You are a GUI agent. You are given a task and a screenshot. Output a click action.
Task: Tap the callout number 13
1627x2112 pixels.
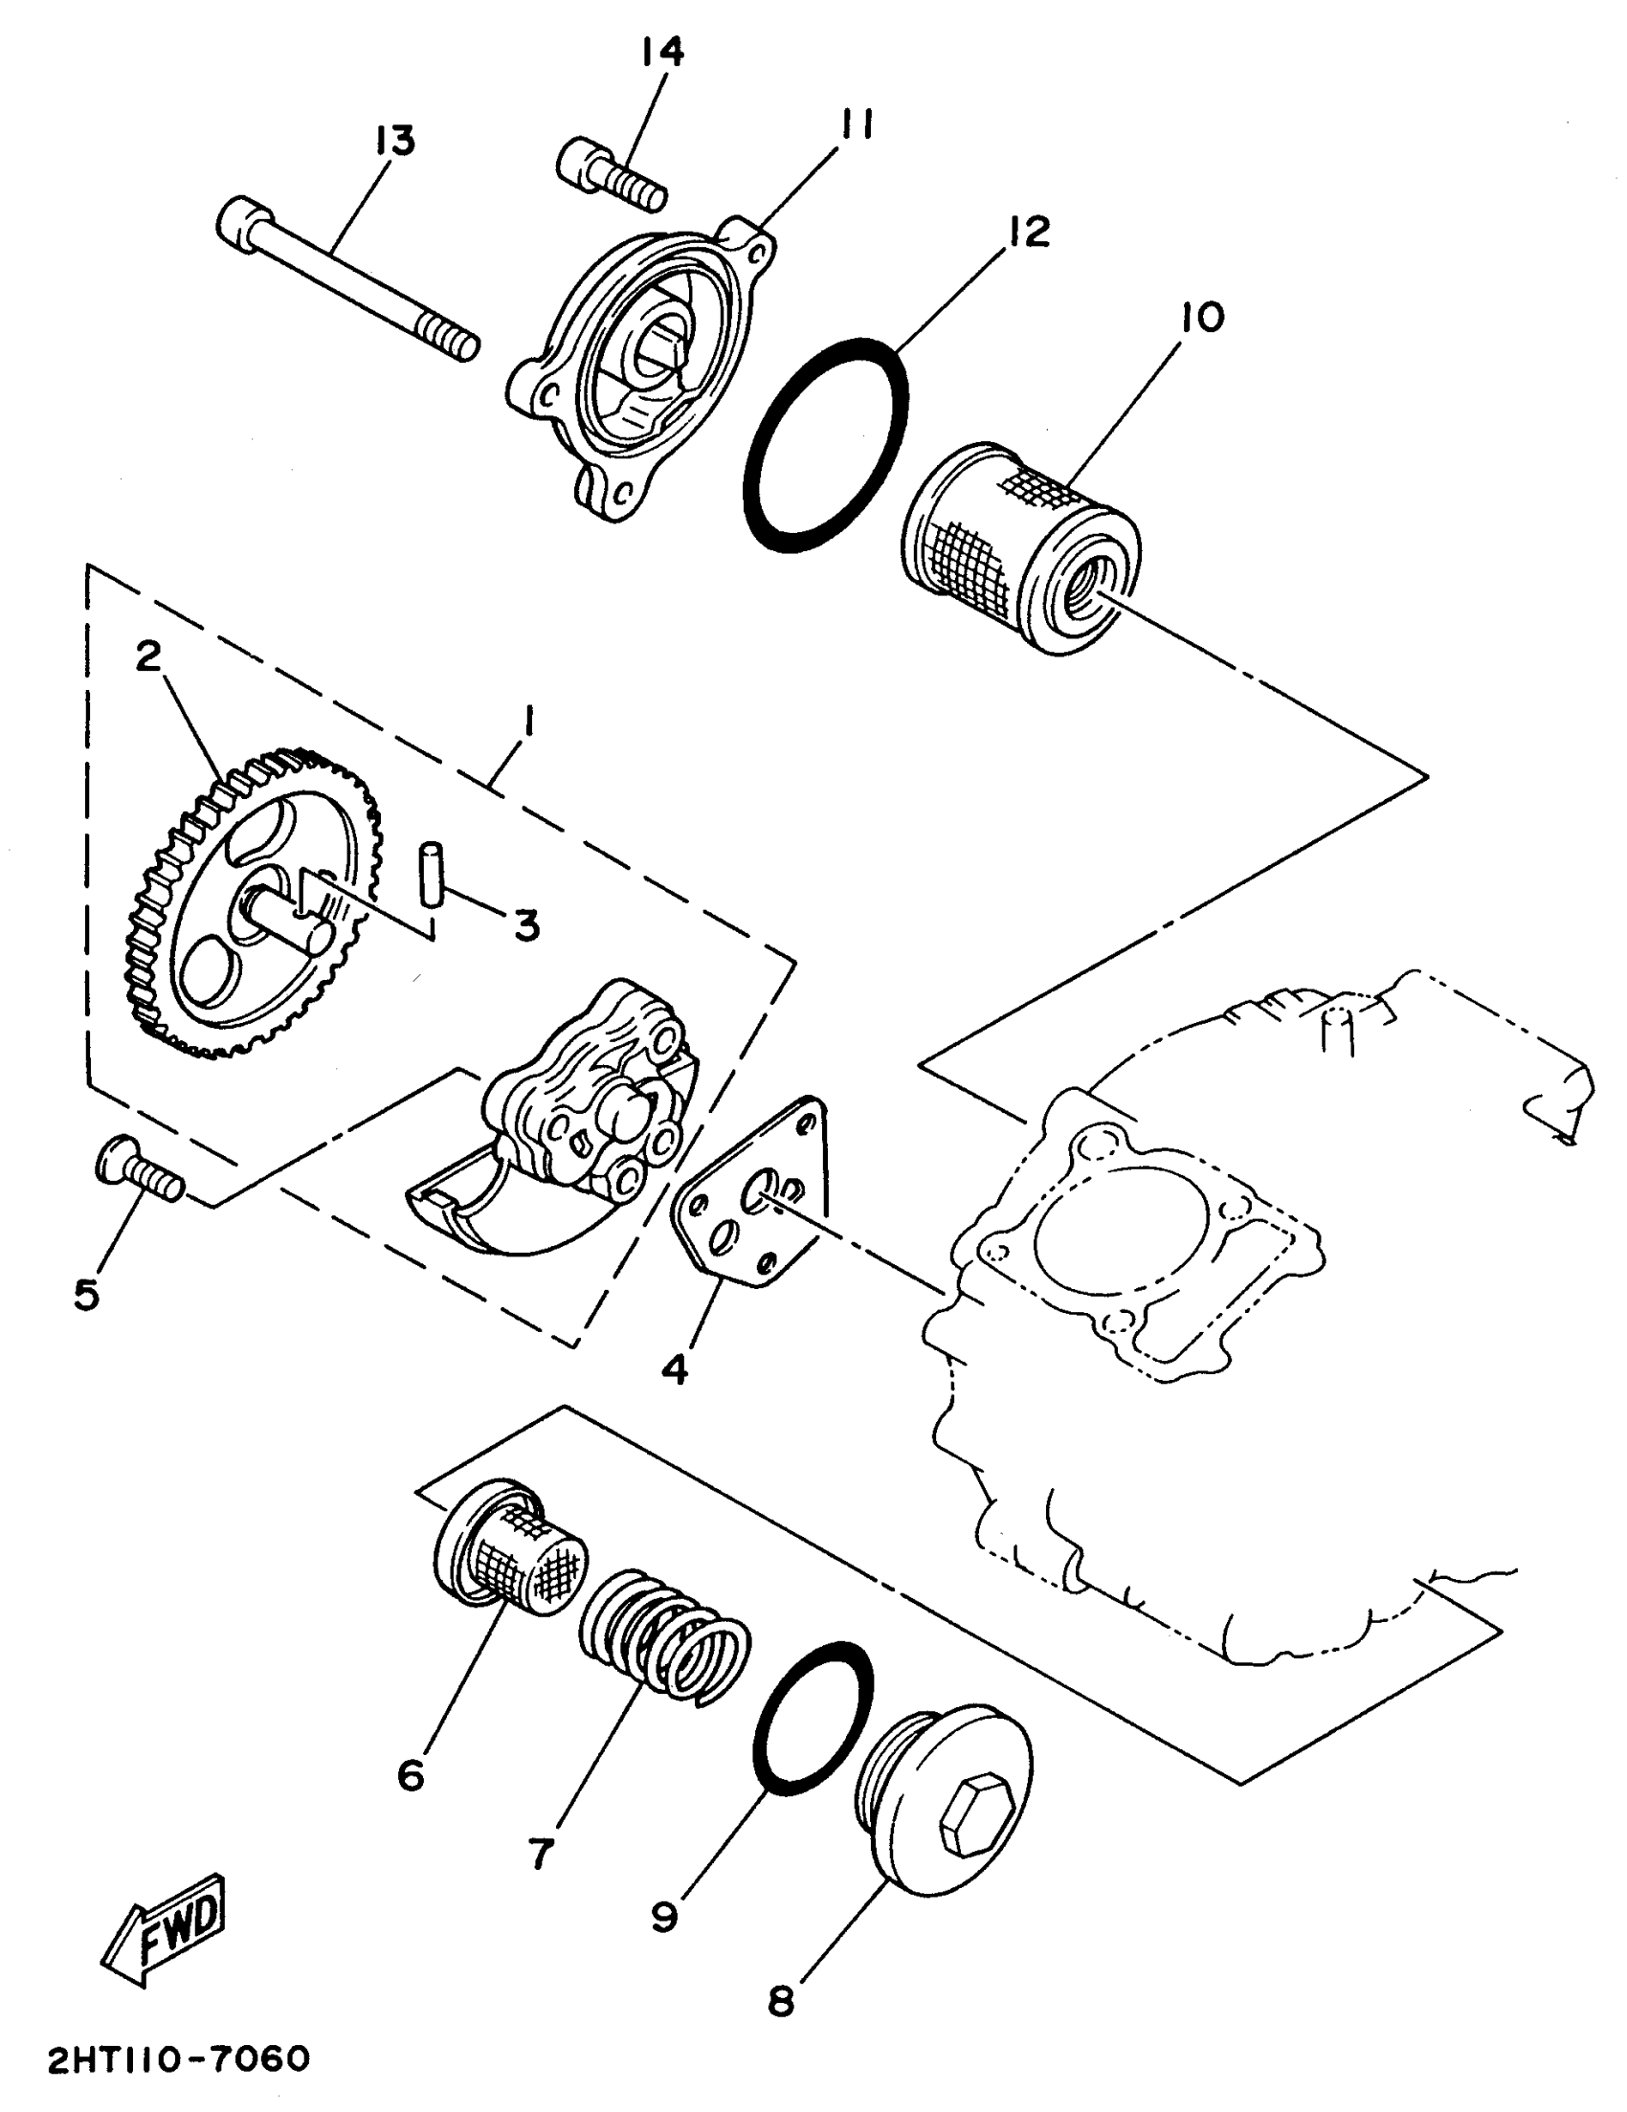[395, 141]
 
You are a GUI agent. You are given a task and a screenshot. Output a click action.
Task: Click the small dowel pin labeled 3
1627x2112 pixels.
[431, 877]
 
